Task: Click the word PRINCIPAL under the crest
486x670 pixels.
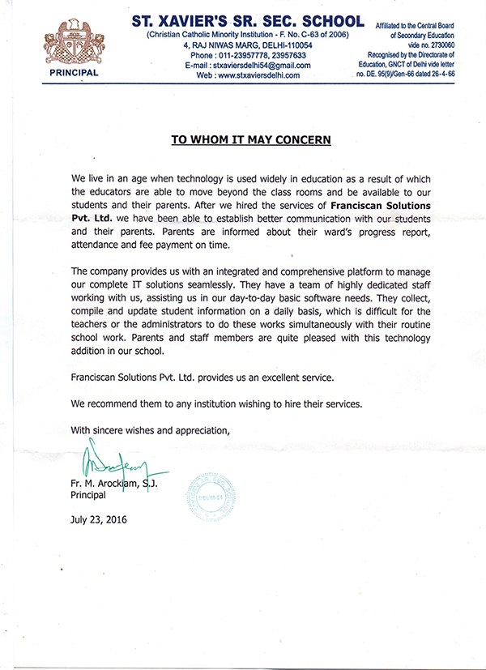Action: click(x=72, y=72)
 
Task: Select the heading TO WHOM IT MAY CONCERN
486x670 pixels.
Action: click(x=251, y=139)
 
